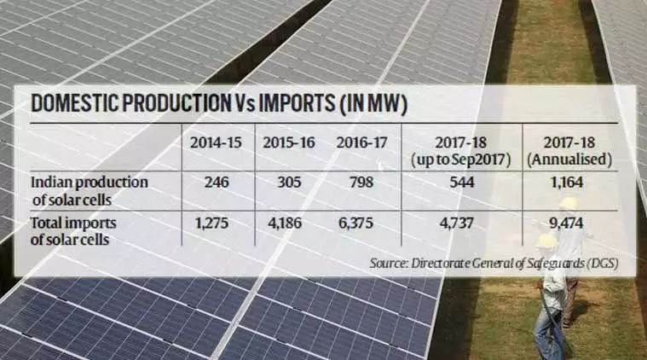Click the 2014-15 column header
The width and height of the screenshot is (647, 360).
[216, 142]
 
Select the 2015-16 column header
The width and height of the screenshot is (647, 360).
[289, 142]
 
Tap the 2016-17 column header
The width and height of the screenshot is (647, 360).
[362, 142]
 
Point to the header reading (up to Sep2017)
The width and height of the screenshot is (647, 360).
[461, 160]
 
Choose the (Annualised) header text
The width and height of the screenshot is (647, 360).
[569, 160]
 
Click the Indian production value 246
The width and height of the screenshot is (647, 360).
[217, 182]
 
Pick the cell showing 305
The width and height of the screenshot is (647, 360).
[289, 182]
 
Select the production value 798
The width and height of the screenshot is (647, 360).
[361, 182]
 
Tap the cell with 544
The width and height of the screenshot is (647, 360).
[462, 182]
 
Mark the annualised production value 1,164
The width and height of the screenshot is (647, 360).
[568, 182]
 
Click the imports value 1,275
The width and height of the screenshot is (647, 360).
[211, 223]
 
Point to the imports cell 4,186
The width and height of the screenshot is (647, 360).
[285, 223]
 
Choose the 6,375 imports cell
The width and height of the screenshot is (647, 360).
[355, 223]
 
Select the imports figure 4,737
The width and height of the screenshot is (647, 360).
[457, 223]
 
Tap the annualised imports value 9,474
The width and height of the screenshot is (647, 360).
[566, 223]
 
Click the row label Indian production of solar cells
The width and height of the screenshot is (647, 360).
[90, 191]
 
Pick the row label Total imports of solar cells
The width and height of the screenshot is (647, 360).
[73, 231]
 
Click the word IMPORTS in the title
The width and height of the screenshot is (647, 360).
[297, 103]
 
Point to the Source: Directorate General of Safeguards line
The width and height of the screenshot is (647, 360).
[494, 264]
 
